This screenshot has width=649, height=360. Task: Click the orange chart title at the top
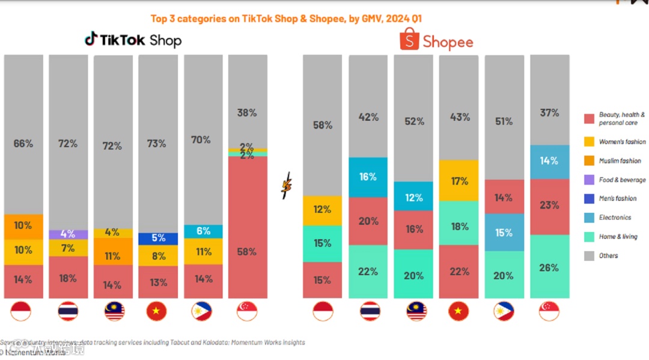tap(286, 19)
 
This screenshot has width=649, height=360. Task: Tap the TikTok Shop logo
tap(133, 40)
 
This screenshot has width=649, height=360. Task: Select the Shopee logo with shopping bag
tap(437, 40)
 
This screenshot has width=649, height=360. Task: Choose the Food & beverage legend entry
tap(615, 180)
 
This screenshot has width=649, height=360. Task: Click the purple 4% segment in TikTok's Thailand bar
tap(68, 234)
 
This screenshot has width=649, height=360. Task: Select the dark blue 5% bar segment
tap(157, 239)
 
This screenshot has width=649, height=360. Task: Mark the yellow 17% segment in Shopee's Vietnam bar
tap(459, 180)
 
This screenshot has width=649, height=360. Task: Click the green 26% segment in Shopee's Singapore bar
tap(549, 266)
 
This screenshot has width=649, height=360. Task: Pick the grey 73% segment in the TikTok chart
tap(157, 144)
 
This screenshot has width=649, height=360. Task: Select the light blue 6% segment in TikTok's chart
tap(203, 231)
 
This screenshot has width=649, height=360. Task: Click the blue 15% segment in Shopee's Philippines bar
tap(504, 233)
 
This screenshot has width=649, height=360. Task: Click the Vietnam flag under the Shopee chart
tap(459, 311)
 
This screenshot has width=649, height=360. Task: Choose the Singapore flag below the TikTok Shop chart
tap(247, 311)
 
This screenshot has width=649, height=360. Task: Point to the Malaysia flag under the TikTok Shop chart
tap(113, 311)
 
